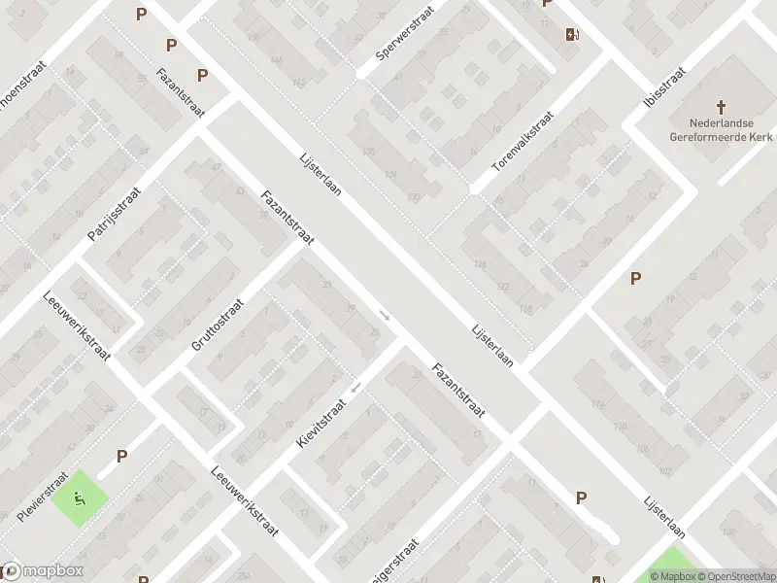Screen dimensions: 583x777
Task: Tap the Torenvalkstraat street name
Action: pyautogui.click(x=523, y=142)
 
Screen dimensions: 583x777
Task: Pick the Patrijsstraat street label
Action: pyautogui.click(x=114, y=214)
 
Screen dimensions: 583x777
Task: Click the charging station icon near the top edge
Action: pyautogui.click(x=572, y=36)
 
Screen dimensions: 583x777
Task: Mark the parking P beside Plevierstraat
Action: pyautogui.click(x=122, y=456)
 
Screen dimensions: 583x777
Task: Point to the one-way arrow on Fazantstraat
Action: pyautogui.click(x=385, y=315)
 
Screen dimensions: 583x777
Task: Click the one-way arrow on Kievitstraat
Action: pyautogui.click(x=356, y=388)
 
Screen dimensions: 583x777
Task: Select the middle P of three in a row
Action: pyautogui.click(x=172, y=45)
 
